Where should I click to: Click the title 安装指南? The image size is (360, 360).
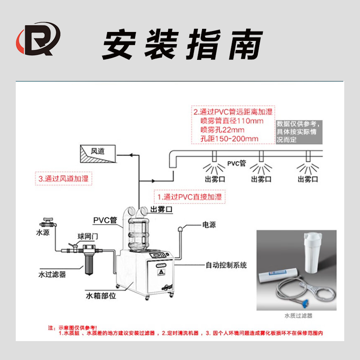[182, 45]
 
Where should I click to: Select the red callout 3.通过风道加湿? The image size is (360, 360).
[63, 179]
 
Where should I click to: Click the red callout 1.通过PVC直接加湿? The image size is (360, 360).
[189, 197]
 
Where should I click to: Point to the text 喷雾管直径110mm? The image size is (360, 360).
[232, 121]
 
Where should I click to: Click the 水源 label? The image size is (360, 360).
[43, 233]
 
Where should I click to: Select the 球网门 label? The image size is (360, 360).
[87, 236]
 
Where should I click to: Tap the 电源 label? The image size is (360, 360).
[209, 225]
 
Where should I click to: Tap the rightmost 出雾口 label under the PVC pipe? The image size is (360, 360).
[308, 180]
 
